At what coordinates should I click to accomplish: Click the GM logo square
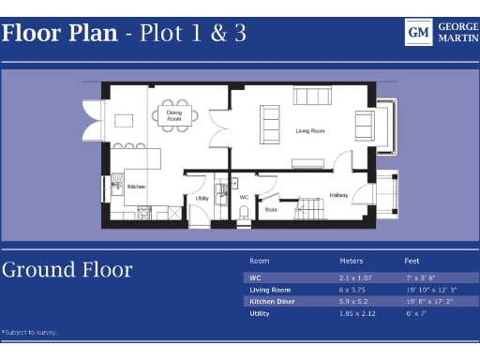(x=418, y=33)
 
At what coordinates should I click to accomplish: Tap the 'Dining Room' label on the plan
(x=174, y=117)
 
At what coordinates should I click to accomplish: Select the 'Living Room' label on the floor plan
(x=309, y=131)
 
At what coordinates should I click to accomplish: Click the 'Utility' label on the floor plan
(x=202, y=198)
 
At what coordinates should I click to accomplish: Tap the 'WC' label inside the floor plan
(x=244, y=198)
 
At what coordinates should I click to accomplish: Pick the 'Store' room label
(x=271, y=209)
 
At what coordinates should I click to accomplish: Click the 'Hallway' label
(x=338, y=195)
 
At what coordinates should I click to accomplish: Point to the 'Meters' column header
(x=351, y=261)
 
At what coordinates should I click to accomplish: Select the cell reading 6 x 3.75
(x=352, y=290)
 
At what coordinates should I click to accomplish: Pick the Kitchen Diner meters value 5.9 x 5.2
(x=353, y=302)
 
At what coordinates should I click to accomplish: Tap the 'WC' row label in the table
(x=254, y=278)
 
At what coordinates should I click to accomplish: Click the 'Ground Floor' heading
(x=67, y=270)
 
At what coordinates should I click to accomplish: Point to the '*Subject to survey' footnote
(x=28, y=332)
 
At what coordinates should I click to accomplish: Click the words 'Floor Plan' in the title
(x=59, y=34)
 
